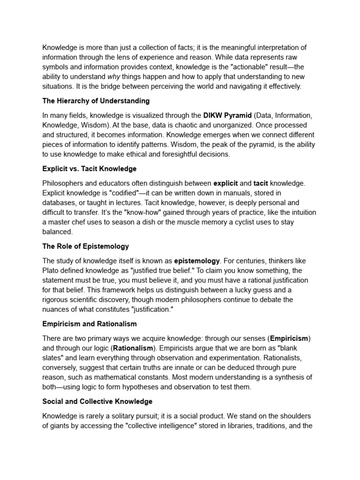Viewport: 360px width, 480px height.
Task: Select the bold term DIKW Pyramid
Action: pos(227,115)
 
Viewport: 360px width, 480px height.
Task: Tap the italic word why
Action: pos(113,77)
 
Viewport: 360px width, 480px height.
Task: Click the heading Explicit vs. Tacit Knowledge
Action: pos(90,168)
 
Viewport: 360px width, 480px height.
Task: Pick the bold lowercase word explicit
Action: pos(226,183)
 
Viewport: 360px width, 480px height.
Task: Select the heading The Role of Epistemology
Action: pos(85,246)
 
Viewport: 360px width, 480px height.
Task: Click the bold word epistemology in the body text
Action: pos(197,261)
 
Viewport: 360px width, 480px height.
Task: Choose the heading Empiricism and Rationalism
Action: pos(90,324)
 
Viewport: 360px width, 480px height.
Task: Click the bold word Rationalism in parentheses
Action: pos(133,348)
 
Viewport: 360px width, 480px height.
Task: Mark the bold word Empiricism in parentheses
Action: pos(289,338)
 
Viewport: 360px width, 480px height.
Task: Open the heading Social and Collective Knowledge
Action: pos(97,402)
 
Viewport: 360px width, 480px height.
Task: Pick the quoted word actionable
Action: pos(242,67)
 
